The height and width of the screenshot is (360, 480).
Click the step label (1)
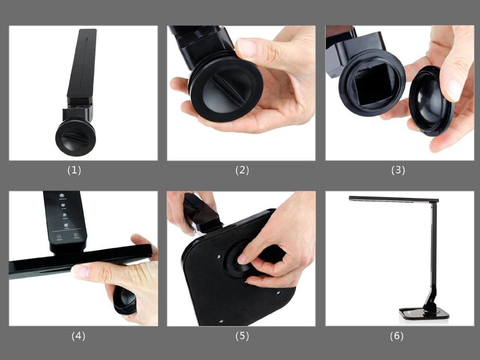[x=74, y=170]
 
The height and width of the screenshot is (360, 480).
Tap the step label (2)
[x=242, y=170]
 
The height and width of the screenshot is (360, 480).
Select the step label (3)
[x=398, y=170]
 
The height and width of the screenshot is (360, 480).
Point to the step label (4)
[x=78, y=336]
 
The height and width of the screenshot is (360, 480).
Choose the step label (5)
[x=242, y=336]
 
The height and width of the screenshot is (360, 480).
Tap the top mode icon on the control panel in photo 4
[x=62, y=196]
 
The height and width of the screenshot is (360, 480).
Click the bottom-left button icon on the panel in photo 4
[x=59, y=237]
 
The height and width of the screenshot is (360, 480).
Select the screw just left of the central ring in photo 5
[x=219, y=256]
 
